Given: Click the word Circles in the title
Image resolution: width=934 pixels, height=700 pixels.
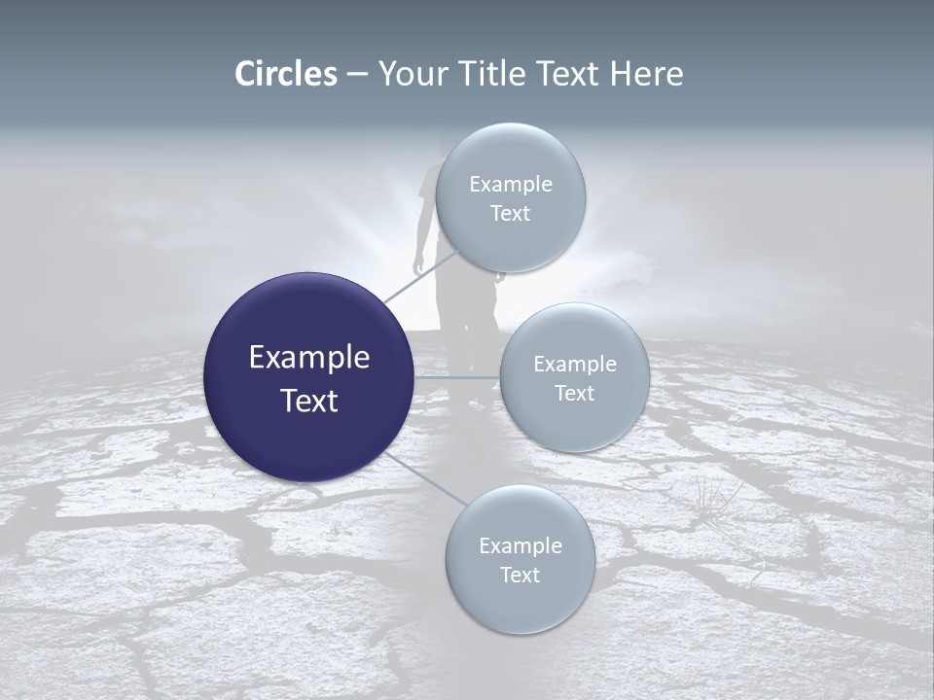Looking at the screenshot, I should pos(286,74).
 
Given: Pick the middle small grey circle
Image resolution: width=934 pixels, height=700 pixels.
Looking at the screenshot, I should pos(574,377).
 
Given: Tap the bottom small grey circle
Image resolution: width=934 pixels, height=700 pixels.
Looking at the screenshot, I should pos(520,559).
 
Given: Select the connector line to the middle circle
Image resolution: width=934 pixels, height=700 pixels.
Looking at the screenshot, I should pos(457,377).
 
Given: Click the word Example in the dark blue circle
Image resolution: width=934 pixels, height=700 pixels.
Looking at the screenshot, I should pos(309,358).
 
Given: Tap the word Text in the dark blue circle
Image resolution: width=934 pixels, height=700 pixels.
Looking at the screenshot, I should pos(309,401).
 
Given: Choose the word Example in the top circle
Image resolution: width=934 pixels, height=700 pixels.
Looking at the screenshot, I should pos(511,184).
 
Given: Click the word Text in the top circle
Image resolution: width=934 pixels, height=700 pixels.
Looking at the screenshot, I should pos(510,214).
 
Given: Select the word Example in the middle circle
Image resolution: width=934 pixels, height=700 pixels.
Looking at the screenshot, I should pos(575,365).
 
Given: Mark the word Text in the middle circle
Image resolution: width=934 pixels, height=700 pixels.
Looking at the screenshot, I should pos(574,394).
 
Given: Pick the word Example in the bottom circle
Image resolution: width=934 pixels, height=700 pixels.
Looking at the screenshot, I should pos(521,546).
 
